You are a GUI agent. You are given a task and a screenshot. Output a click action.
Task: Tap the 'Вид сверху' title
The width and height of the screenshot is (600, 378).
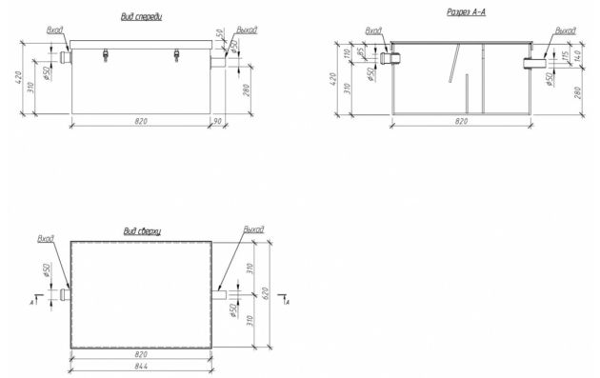(x=142, y=231)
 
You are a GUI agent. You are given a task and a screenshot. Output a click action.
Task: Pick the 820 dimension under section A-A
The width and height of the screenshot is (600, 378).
(x=461, y=122)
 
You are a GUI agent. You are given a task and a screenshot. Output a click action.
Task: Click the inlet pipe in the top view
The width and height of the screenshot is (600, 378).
(x=65, y=293)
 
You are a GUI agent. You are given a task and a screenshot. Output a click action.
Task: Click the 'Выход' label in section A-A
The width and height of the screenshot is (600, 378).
(x=566, y=30)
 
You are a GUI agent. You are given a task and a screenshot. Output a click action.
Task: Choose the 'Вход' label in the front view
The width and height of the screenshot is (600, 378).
(x=54, y=30)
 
